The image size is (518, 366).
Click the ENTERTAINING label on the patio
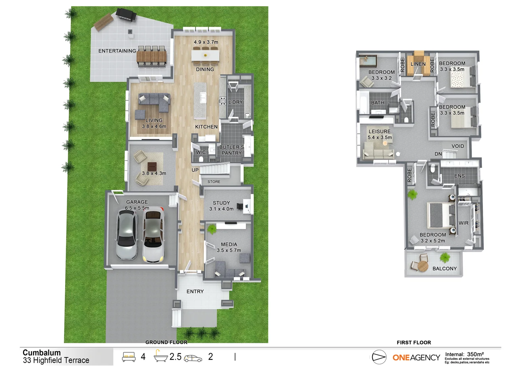[117, 51]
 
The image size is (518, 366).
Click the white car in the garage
[153, 236]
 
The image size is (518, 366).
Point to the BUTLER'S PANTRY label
[232, 150]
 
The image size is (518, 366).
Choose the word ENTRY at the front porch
[195, 291]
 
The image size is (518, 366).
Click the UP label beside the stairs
[195, 170]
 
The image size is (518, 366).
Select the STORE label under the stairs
[214, 182]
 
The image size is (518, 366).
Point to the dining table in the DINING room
[205, 55]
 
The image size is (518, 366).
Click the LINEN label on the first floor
[418, 64]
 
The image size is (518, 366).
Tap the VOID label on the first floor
[458, 146]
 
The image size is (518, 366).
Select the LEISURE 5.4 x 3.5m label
[380, 134]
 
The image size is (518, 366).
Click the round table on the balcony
[422, 266]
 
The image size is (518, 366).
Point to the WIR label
[463, 223]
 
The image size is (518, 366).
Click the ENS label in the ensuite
[459, 176]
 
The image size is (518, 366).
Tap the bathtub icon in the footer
[161, 357]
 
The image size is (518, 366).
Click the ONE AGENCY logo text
[416, 358]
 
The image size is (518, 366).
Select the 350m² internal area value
[475, 354]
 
